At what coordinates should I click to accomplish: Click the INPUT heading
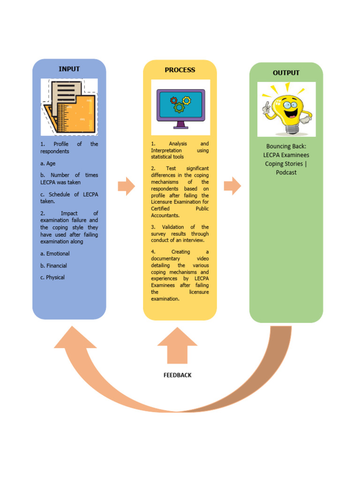pyautogui.click(x=69, y=69)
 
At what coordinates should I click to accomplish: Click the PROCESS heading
pyautogui.click(x=180, y=70)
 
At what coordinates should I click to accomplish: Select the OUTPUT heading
pyautogui.click(x=286, y=73)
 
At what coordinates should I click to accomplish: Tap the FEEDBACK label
pyautogui.click(x=177, y=375)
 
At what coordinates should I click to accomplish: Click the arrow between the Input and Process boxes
pyautogui.click(x=126, y=186)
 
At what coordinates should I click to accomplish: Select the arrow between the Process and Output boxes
pyautogui.click(x=232, y=186)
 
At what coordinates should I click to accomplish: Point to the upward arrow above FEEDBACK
pyautogui.click(x=177, y=346)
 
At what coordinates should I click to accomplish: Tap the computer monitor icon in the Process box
pyautogui.click(x=180, y=108)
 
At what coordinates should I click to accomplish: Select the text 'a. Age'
pyautogui.click(x=48, y=164)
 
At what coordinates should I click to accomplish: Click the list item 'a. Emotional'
pyautogui.click(x=55, y=254)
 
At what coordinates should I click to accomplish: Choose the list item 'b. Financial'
pyautogui.click(x=53, y=265)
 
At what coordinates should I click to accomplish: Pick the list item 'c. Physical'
pyautogui.click(x=52, y=277)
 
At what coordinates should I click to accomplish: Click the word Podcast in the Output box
pyautogui.click(x=286, y=172)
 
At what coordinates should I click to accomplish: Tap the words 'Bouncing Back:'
pyautogui.click(x=286, y=146)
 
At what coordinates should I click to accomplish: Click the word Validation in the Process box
pyautogui.click(x=173, y=227)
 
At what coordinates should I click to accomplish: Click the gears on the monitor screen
pyautogui.click(x=180, y=104)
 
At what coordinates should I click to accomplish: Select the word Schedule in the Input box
pyautogui.click(x=60, y=194)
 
